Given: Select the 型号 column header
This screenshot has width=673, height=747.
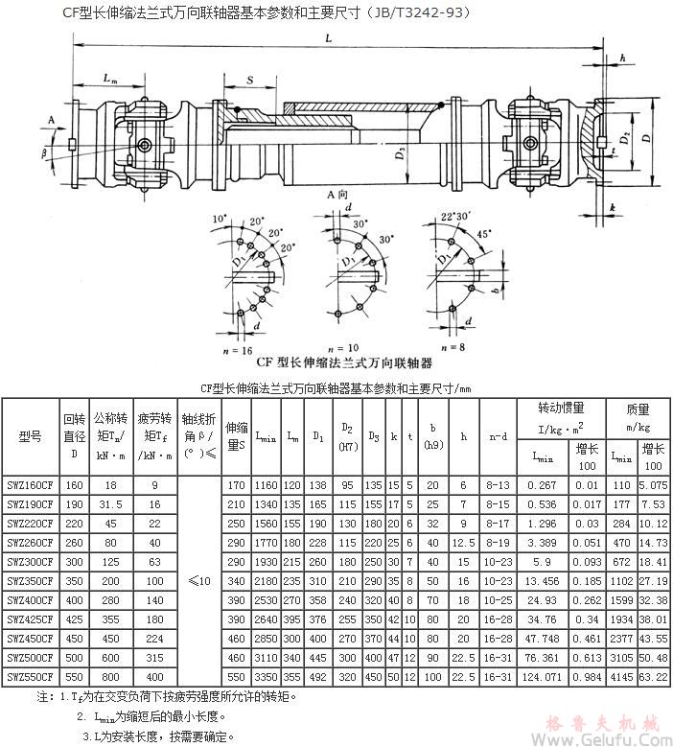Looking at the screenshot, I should click(x=30, y=435).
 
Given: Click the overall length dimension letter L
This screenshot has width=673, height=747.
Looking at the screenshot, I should click(x=328, y=38).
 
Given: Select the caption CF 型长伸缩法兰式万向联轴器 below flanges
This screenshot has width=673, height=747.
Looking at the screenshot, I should click(x=343, y=363).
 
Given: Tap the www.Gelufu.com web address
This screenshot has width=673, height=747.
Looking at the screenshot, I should click(x=611, y=739).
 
